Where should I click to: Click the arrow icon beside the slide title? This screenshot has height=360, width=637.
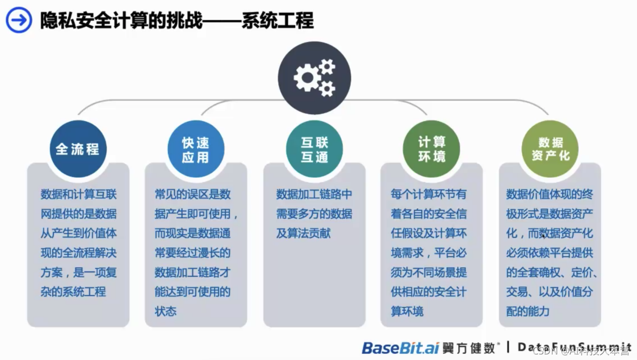click(x=19, y=20)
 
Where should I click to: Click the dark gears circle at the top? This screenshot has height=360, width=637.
click(x=314, y=78)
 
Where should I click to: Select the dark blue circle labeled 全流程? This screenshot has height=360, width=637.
click(x=78, y=149)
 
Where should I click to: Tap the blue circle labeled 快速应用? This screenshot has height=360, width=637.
click(x=195, y=149)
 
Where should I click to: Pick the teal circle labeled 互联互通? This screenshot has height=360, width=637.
click(x=314, y=149)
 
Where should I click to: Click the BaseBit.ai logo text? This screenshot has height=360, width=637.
click(x=400, y=348)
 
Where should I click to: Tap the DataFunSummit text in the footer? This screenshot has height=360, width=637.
click(x=574, y=347)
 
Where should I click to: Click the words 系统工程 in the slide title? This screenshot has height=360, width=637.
click(x=278, y=21)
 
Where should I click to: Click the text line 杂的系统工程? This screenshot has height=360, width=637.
click(x=73, y=292)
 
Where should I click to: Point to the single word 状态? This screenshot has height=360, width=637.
click(x=165, y=311)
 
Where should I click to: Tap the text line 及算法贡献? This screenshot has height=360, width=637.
click(x=303, y=234)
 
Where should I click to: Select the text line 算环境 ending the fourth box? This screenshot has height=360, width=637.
click(x=407, y=311)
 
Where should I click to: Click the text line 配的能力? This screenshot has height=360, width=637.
click(x=528, y=311)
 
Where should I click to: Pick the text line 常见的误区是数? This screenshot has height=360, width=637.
click(x=193, y=194)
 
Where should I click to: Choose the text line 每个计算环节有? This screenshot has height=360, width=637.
click(x=429, y=194)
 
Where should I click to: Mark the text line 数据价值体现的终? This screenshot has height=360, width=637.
click(x=550, y=194)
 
